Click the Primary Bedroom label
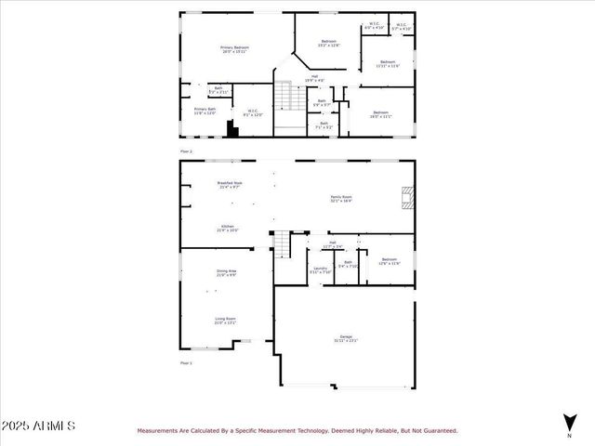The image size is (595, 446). point(234,49)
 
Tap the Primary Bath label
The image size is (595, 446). point(205,111)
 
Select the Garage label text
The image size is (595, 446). point(344,338)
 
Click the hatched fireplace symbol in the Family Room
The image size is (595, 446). point(406,198)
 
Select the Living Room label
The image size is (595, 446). point(225,321)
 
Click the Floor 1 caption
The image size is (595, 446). point(186,362)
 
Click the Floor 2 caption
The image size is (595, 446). point(186,151)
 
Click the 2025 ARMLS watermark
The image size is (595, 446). point(39,426)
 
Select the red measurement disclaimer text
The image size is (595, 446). point(297,430)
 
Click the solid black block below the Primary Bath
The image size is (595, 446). point(232,131)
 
